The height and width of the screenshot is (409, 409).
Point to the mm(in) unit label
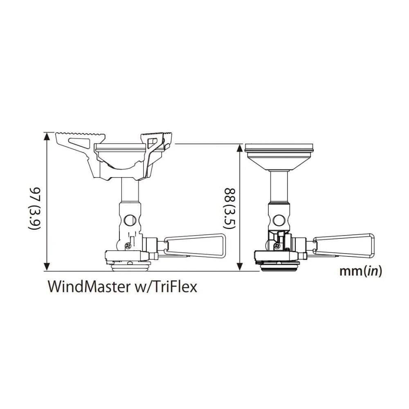pos(361,271)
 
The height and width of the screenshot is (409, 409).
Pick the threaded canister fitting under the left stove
pos(129,268)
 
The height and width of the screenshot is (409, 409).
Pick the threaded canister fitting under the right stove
pos(279,268)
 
